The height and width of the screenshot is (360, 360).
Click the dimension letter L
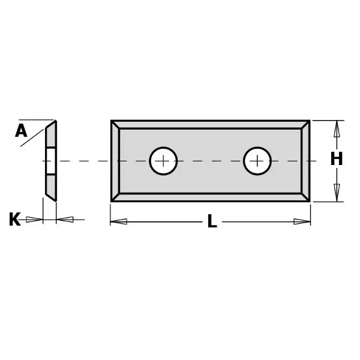(x=212, y=221)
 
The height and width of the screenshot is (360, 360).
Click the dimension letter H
(x=337, y=160)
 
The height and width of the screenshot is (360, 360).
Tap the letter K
(x=14, y=220)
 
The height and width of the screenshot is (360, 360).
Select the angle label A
(x=21, y=131)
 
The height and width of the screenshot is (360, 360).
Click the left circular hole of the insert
(x=163, y=161)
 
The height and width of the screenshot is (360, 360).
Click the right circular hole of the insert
(x=257, y=161)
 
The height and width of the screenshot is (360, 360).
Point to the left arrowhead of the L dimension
(x=119, y=221)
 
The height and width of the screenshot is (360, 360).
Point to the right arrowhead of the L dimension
(x=302, y=221)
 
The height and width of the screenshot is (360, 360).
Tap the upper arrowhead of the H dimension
(x=337, y=128)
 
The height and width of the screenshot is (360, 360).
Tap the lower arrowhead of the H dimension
(x=337, y=193)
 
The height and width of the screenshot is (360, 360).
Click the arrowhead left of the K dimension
(x=34, y=220)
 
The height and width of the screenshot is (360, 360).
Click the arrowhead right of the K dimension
(x=65, y=220)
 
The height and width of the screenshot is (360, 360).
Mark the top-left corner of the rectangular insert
(x=112, y=121)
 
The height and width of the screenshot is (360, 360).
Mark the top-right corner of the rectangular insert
(x=310, y=121)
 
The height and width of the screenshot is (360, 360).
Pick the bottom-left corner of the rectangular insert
(x=112, y=200)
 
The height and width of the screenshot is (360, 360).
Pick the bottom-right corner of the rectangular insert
(x=310, y=200)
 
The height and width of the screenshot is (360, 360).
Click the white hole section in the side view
(x=51, y=161)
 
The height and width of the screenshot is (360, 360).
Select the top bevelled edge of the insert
(x=211, y=125)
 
